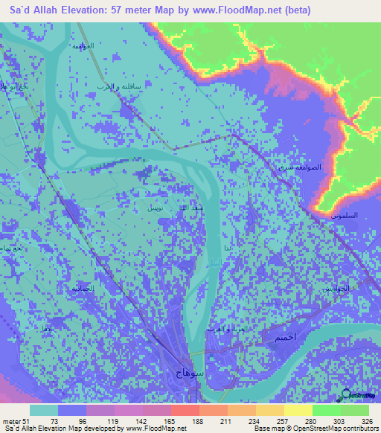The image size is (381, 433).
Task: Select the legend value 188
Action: point(196,420)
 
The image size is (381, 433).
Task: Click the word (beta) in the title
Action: point(294,9)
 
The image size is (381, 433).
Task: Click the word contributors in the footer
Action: point(359,429)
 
